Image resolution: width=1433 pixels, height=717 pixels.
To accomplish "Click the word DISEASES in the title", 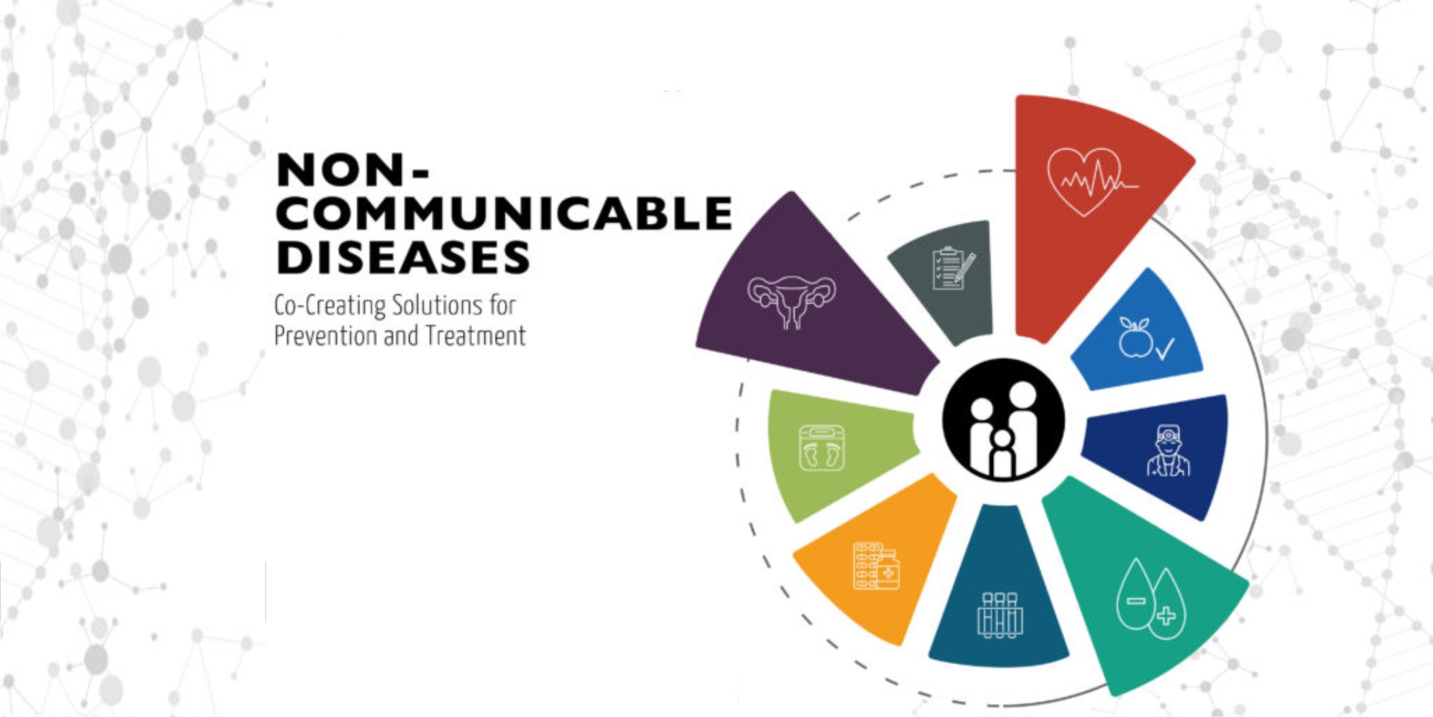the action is coord(403,257).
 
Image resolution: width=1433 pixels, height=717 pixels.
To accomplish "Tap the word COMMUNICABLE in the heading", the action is coord(504,213).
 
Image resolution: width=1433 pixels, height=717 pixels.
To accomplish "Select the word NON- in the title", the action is coord(353,170).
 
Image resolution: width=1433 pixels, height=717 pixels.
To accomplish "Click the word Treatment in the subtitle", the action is coord(475,336).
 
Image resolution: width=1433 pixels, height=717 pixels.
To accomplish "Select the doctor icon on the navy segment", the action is coord(1168,450).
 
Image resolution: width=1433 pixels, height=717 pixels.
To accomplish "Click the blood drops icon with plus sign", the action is coord(1150,598).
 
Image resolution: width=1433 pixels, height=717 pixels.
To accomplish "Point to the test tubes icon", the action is coord(1000,615).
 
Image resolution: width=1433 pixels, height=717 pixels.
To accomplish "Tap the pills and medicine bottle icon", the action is coord(876,565).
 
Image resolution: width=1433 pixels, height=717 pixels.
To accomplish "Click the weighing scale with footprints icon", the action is coord(822,448).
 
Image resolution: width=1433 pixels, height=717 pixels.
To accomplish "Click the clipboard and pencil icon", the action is coord(953,268).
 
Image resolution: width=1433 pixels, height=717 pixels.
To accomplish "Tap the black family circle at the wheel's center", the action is coord(1003,420).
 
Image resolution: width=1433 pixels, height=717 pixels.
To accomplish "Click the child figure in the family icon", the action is coord(1002,453).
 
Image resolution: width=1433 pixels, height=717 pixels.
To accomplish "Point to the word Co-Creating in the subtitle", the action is coord(330,306).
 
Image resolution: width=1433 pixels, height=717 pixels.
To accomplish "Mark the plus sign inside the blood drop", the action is coord(1166,616).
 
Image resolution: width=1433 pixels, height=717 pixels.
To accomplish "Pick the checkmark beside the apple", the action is coord(1165,348).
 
